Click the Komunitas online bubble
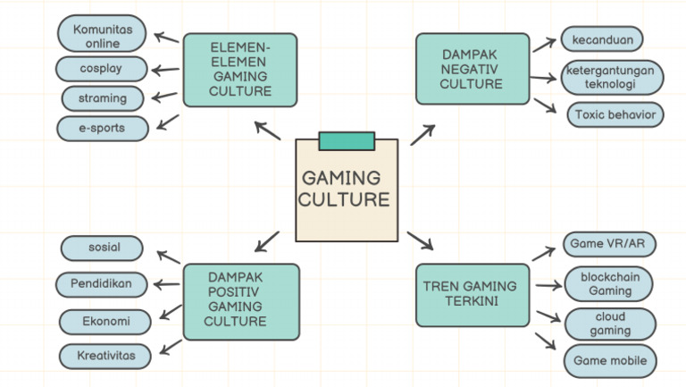click(x=103, y=36)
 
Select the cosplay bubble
click(x=101, y=68)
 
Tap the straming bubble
click(x=104, y=98)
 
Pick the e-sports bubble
click(x=103, y=129)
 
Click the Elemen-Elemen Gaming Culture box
click(x=239, y=70)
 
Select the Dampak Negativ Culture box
click(x=472, y=70)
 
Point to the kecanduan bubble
click(x=601, y=39)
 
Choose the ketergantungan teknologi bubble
click(x=612, y=77)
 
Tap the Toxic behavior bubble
click(x=615, y=114)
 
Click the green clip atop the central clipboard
click(x=347, y=140)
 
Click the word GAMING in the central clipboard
click(x=340, y=178)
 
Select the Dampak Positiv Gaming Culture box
click(x=239, y=300)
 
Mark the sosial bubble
click(x=104, y=248)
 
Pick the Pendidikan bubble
click(x=101, y=284)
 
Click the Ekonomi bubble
click(x=104, y=321)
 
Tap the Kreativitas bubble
click(x=105, y=356)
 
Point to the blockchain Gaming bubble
click(x=609, y=284)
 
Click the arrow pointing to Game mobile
click(x=545, y=341)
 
